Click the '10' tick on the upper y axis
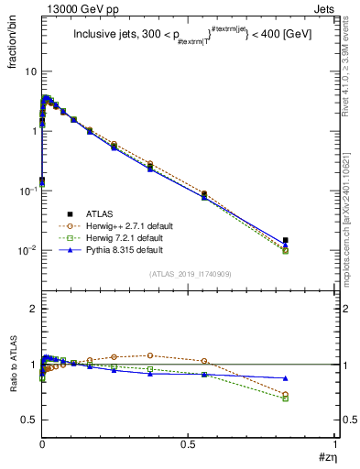pos(31,71)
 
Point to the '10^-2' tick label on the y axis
pos(28,250)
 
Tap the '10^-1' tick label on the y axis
pos(28,191)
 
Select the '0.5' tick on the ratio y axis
pos(29,420)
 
